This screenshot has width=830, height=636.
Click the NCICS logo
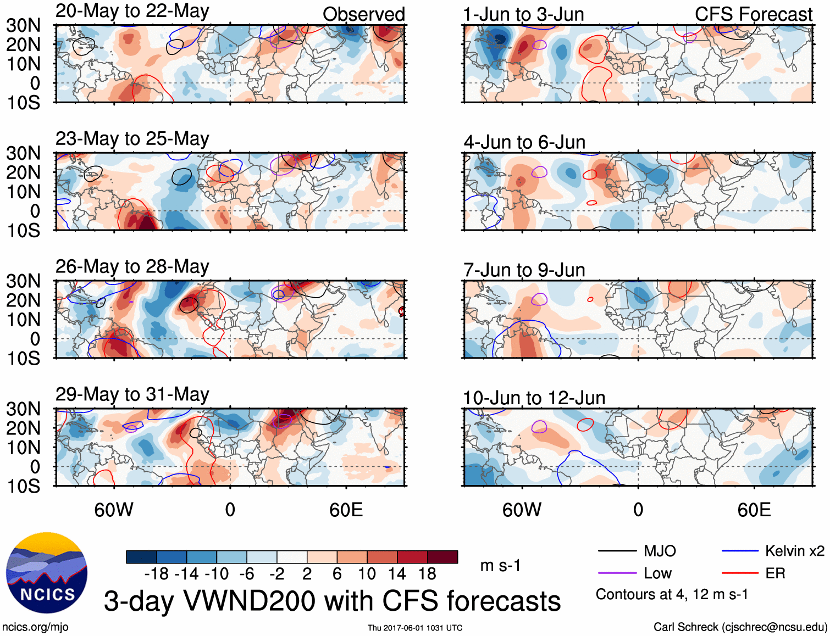(x=47, y=573)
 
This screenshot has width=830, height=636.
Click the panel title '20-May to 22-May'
(x=132, y=12)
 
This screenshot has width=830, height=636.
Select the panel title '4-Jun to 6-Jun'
(x=524, y=142)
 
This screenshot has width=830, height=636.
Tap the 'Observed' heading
(x=363, y=14)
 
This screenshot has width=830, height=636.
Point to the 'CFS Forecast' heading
(x=753, y=14)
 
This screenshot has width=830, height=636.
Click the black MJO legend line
(x=617, y=551)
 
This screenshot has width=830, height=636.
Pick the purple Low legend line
(x=617, y=573)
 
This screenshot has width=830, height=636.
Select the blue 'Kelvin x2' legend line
(x=740, y=551)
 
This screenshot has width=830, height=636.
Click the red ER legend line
(x=740, y=573)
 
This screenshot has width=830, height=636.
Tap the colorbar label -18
(x=157, y=574)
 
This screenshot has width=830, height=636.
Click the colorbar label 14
(x=396, y=574)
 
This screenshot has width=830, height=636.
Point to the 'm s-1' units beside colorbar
(x=500, y=566)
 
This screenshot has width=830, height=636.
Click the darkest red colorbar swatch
(x=442, y=557)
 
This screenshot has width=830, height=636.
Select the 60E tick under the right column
(x=754, y=510)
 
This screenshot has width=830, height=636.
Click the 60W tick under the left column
(x=114, y=510)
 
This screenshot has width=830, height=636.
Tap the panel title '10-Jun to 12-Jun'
(x=534, y=398)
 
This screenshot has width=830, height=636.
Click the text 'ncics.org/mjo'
(x=35, y=627)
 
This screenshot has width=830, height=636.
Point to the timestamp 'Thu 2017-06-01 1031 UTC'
(x=415, y=628)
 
